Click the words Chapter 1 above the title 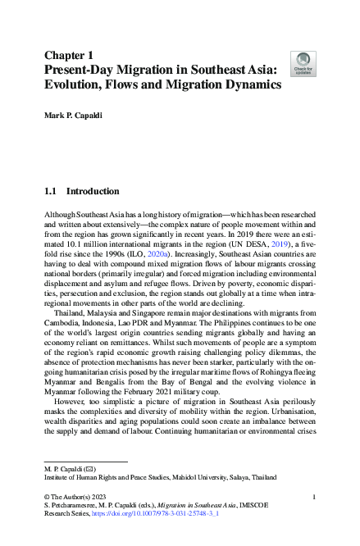point(69,55)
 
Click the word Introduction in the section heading point(93,191)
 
